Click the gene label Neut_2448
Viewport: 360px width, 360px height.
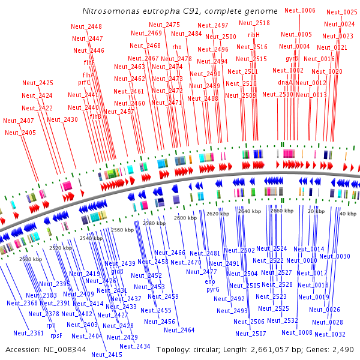click(x=86, y=26)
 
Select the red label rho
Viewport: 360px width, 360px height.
click(x=176, y=46)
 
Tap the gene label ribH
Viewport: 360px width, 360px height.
click(x=254, y=35)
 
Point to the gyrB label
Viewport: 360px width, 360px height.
click(x=292, y=58)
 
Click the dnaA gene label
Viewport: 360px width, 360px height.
click(x=286, y=82)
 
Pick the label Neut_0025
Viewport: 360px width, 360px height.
click(x=342, y=13)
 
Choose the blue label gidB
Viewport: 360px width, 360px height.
click(x=118, y=271)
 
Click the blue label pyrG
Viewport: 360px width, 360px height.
click(x=214, y=289)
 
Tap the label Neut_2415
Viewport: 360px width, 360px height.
click(x=107, y=355)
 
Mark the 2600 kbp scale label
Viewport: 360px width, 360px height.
click(x=184, y=218)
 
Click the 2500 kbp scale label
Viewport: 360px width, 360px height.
click(x=31, y=259)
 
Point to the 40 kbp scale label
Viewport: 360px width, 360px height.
click(x=347, y=214)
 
